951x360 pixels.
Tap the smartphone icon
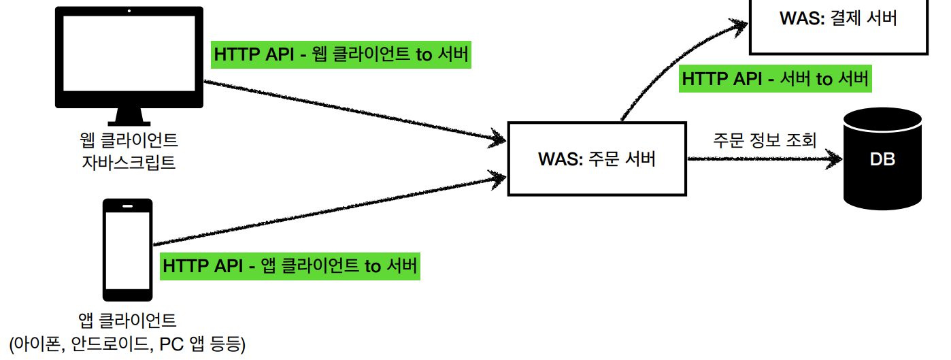click(127, 249)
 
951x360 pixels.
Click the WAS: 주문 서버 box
click(597, 159)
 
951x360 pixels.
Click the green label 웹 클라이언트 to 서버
click(341, 54)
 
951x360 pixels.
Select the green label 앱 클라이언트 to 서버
click(290, 265)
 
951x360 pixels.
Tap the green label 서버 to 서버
click(775, 79)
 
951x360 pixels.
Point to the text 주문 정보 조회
click(763, 139)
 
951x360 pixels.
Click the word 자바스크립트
click(129, 162)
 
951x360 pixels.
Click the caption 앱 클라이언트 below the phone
click(127, 320)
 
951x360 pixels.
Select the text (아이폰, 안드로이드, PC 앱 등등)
click(127, 342)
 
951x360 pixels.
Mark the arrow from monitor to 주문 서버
click(354, 112)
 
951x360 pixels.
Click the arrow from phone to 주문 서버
click(327, 208)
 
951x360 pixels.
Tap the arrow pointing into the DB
click(762, 160)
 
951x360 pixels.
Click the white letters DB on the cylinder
click(882, 160)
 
